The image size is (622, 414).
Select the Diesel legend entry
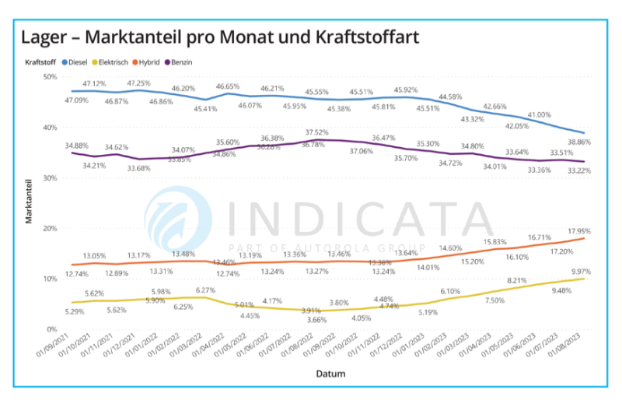tap(78, 60)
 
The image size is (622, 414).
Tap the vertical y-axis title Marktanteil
tap(28, 202)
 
